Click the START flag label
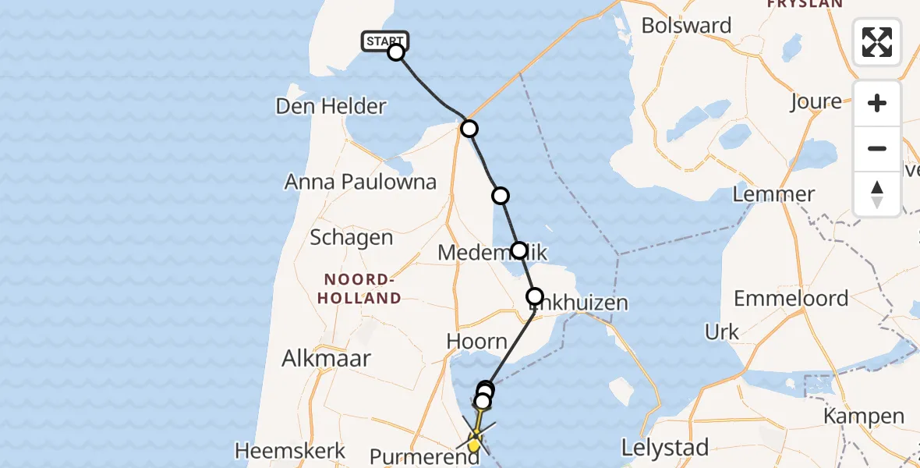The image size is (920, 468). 384,41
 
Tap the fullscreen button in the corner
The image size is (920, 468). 877,42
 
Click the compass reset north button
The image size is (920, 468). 877,193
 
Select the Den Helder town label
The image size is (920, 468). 331,107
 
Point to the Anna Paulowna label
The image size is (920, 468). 360,182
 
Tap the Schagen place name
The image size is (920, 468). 352,238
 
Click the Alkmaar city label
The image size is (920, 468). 326,358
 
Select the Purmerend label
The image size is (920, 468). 425,456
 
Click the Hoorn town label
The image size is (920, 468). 476,342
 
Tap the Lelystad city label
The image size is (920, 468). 665,448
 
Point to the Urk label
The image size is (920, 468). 721,332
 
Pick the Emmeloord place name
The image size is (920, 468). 791,299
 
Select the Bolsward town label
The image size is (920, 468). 686,26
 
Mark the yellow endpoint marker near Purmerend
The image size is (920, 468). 474,444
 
